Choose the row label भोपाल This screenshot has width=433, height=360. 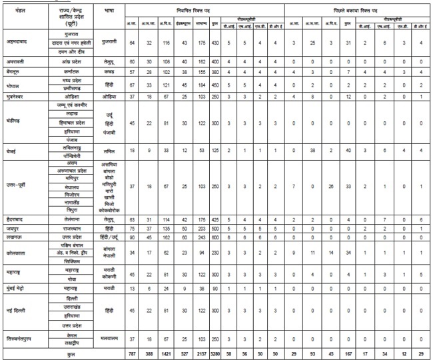[14, 85]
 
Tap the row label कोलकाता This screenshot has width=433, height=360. [14, 253]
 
